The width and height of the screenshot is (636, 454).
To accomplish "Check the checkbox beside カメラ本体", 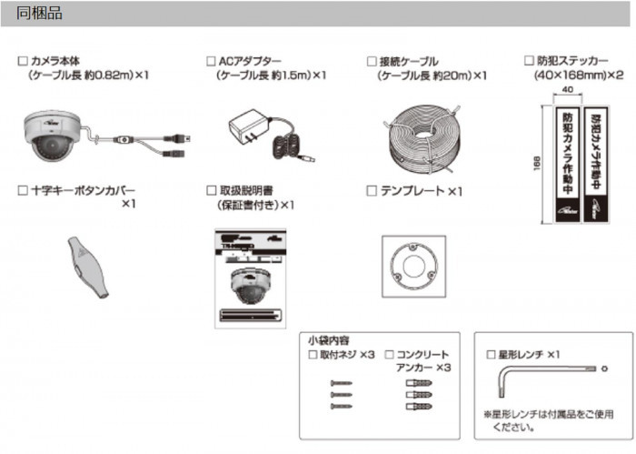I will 23,61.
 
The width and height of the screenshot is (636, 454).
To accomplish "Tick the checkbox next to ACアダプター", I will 211,61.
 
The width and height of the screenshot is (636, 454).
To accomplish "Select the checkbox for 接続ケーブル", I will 371,61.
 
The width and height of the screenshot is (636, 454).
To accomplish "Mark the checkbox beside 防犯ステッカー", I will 529,61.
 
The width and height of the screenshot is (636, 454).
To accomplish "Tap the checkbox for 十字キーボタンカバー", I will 23,191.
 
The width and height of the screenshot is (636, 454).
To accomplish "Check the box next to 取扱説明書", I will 211,191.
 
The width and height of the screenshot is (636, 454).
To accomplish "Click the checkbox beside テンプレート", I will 371,191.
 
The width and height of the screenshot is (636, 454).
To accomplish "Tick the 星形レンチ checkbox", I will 492,354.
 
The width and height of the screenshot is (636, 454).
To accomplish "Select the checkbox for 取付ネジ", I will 313,354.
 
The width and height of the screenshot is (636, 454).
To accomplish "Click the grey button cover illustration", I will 87,265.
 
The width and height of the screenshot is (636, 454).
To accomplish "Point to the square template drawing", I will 413,267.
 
